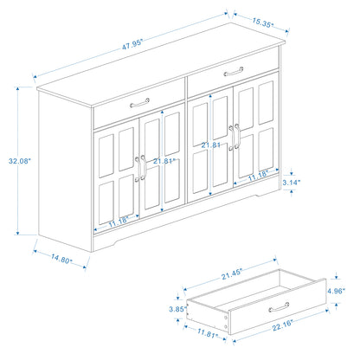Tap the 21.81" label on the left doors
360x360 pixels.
point(162,160)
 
